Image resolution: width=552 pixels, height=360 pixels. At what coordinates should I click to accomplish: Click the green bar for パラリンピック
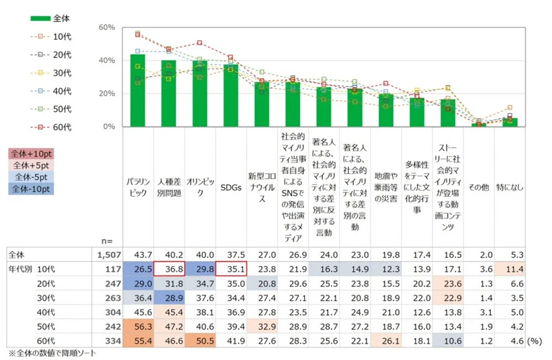pos(138,91)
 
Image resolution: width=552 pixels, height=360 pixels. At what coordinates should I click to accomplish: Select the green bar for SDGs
pos(231,96)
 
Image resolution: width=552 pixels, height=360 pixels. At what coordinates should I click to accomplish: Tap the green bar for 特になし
pos(511,122)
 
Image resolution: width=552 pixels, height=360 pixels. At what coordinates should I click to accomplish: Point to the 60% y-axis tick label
pos(107,27)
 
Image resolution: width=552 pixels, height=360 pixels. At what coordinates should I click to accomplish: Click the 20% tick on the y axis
pos(107,93)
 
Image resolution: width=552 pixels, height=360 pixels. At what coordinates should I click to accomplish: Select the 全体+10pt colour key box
pos(31,153)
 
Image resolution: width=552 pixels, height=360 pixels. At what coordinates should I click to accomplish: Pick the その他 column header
pos(479,187)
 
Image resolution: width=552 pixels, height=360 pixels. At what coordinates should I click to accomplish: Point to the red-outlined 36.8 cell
pos(169,268)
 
